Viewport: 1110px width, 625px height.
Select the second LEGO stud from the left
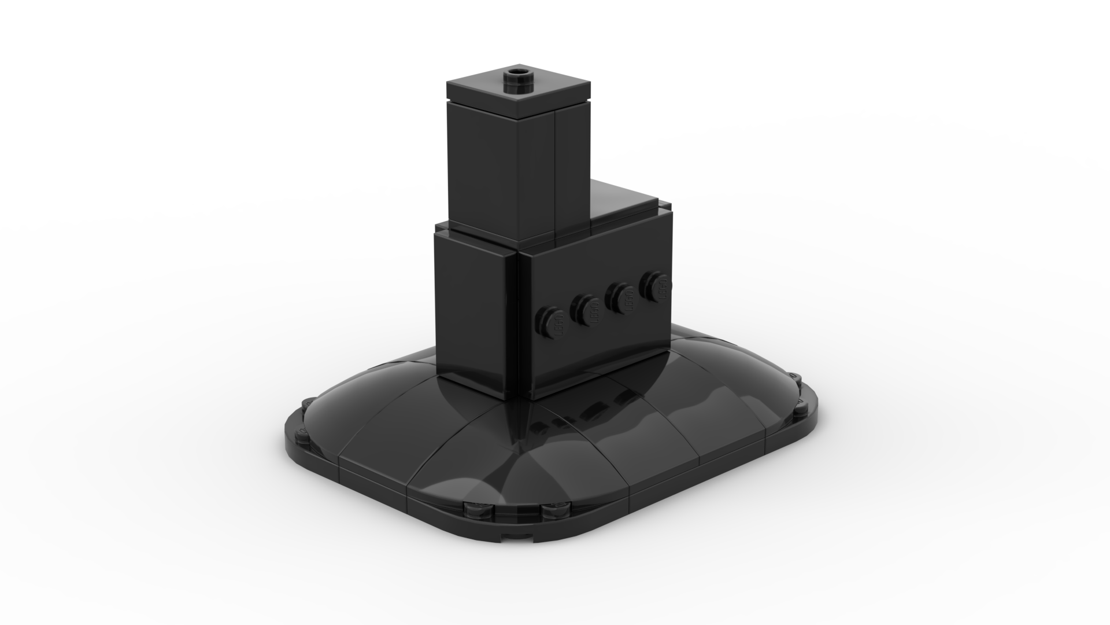(x=585, y=308)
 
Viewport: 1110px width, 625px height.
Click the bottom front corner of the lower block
(x=527, y=399)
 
